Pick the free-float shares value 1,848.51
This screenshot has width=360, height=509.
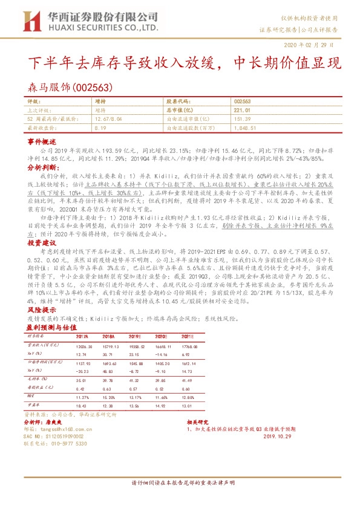(x=245, y=128)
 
